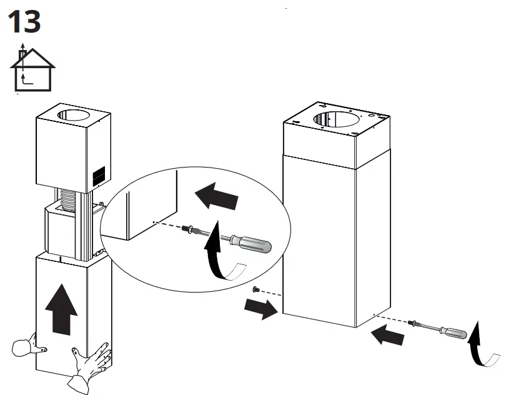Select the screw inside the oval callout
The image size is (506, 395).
[187, 229]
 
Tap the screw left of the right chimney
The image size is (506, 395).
[256, 289]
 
